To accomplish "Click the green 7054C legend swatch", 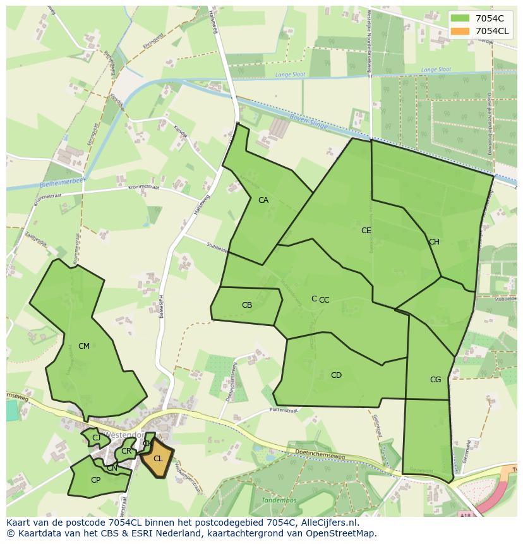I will pyautogui.click(x=460, y=18).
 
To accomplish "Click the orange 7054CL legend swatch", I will pyautogui.click(x=460, y=31).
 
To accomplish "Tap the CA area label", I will pyautogui.click(x=263, y=200).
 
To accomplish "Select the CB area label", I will pyautogui.click(x=247, y=305).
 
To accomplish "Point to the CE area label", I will pyautogui.click(x=366, y=231).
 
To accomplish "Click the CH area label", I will pyautogui.click(x=434, y=242).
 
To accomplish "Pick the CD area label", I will pyautogui.click(x=336, y=375).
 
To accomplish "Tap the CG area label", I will pyautogui.click(x=435, y=380).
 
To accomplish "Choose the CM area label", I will pyautogui.click(x=84, y=346).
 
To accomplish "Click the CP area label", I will pyautogui.click(x=95, y=480).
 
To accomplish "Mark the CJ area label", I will pyautogui.click(x=96, y=438).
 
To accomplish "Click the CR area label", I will pyautogui.click(x=126, y=451).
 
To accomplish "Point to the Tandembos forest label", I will pyautogui.click(x=279, y=500).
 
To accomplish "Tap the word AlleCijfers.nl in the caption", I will pyautogui.click(x=328, y=523).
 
